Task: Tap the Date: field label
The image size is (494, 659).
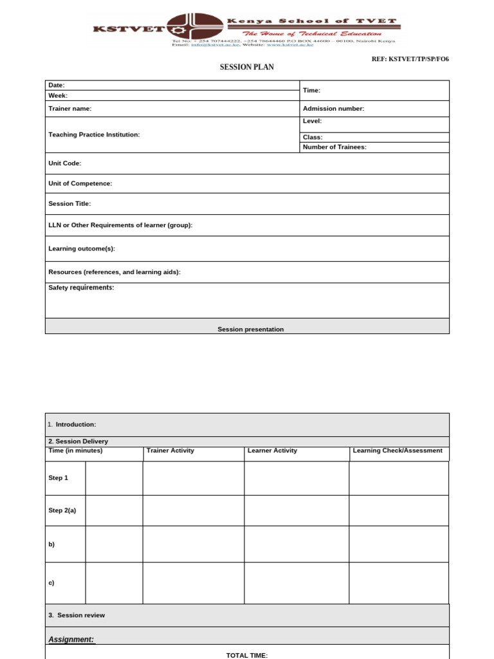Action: click(x=57, y=85)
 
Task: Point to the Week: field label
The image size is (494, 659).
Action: click(x=58, y=95)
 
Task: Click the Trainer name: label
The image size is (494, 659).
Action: click(x=70, y=109)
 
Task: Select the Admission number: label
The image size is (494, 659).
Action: click(x=333, y=109)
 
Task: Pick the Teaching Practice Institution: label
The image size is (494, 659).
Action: click(x=94, y=135)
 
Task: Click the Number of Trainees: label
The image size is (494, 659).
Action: click(x=334, y=147)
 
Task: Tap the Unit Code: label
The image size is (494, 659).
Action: click(x=65, y=163)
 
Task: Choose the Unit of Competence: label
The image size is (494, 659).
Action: click(x=80, y=183)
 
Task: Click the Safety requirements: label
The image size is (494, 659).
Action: click(x=81, y=288)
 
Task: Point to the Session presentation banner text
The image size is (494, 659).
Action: click(x=250, y=329)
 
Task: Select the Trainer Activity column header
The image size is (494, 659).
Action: click(x=170, y=450)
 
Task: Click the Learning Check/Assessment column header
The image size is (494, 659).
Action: click(x=398, y=450)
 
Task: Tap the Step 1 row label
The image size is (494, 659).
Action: click(x=58, y=478)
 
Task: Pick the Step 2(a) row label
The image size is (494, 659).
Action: click(x=62, y=510)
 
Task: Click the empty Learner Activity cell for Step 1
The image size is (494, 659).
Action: click(x=297, y=478)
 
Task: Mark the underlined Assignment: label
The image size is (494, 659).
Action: click(x=71, y=639)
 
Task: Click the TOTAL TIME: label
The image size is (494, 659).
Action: click(x=247, y=655)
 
